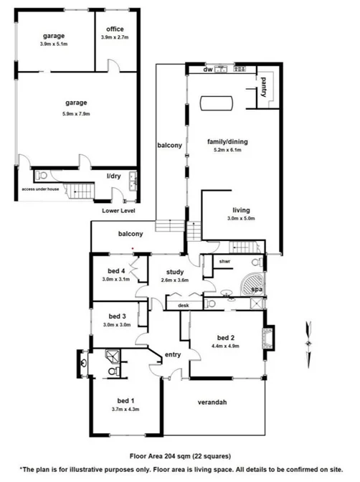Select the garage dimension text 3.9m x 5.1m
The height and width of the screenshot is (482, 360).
click(54, 43)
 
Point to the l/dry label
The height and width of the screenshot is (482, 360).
click(113, 176)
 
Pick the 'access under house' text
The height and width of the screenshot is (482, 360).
click(42, 189)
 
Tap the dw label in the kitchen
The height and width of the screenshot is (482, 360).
click(208, 70)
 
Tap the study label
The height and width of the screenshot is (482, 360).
click(175, 273)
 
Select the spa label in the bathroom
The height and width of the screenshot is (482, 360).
click(256, 288)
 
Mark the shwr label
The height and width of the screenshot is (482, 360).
click(224, 262)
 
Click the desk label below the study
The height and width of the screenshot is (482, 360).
click(183, 306)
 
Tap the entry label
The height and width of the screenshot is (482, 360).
click(173, 354)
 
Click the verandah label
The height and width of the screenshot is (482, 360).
click(212, 402)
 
